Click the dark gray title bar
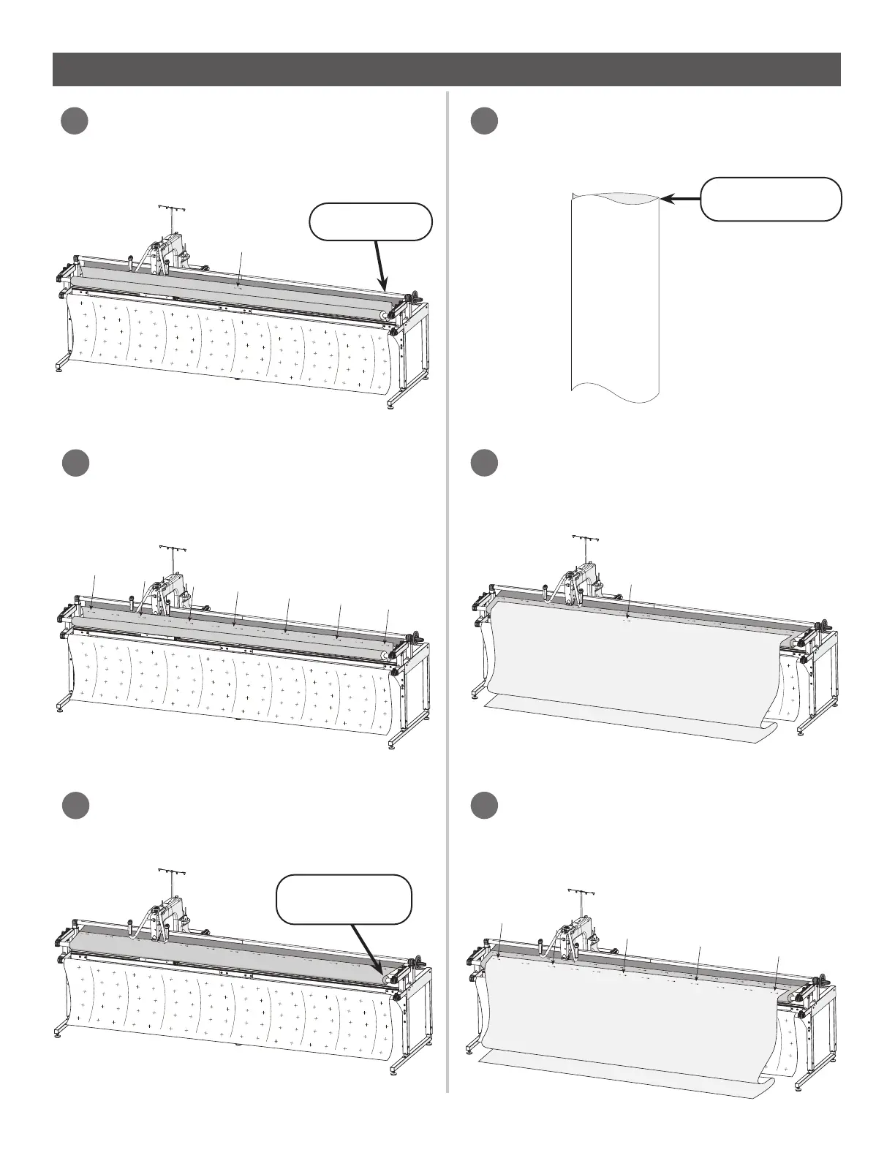point(447,69)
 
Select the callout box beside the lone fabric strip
point(770,198)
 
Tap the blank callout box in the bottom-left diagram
point(344,898)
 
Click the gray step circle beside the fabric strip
point(483,121)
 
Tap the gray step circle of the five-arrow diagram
point(483,805)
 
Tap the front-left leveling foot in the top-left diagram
point(58,370)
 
